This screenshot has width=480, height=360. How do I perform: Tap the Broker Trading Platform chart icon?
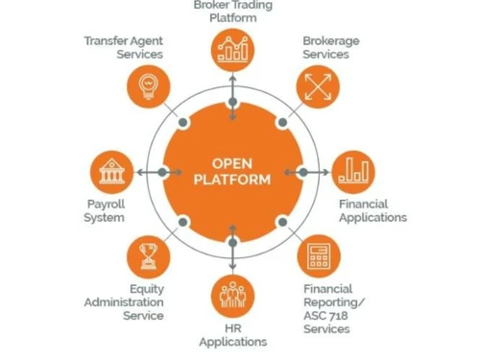point(232,49)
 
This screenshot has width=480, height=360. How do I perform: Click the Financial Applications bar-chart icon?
point(353,172)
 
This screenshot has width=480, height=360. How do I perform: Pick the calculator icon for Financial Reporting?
point(316,257)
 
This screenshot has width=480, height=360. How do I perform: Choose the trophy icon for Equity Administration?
point(149,257)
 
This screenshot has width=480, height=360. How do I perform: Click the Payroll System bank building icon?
point(111,173)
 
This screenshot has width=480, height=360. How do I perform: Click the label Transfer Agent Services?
point(123,48)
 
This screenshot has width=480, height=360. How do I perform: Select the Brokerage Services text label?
point(331,48)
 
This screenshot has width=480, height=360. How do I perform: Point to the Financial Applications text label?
point(372,210)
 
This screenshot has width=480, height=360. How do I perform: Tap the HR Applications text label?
point(232,335)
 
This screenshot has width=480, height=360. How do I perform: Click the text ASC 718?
point(325,315)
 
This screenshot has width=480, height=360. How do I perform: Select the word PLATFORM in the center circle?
point(232,180)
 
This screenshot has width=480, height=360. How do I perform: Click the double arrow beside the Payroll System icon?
point(149,173)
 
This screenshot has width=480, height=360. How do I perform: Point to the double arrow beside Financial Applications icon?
point(315,173)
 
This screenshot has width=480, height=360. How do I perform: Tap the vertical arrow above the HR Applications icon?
point(232,248)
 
